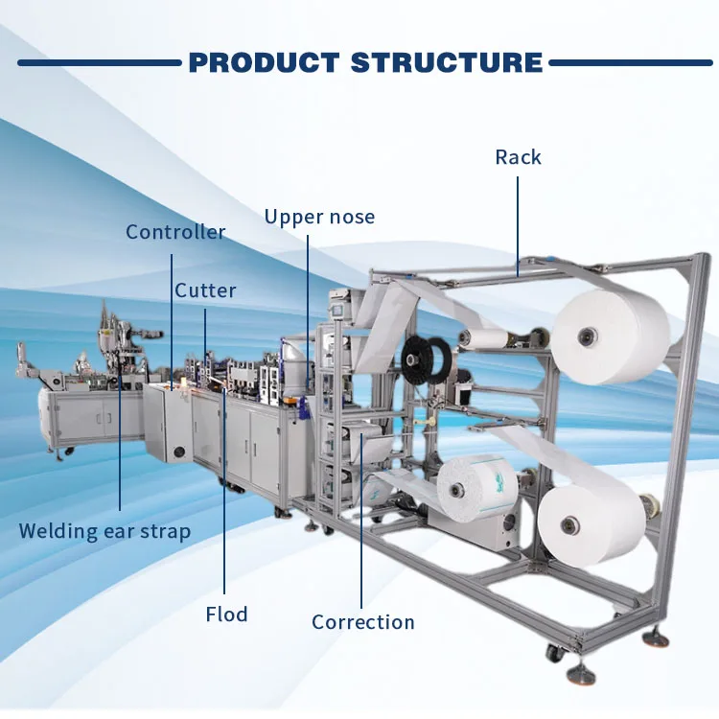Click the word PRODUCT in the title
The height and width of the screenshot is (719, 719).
point(264,63)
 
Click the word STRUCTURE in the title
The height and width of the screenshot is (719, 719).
point(447,63)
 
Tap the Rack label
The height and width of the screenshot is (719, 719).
point(518,157)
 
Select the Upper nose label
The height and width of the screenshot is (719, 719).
point(319,217)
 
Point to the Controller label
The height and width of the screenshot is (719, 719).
point(175,232)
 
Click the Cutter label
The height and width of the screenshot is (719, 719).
point(205,290)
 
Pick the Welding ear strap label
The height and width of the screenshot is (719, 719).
point(104,530)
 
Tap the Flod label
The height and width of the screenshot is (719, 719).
point(225,614)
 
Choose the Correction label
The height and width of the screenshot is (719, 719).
point(362,622)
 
